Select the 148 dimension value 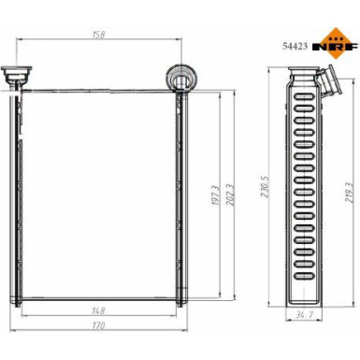coord(97,311)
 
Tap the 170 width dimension coord(97,326)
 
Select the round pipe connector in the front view coord(178,76)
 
